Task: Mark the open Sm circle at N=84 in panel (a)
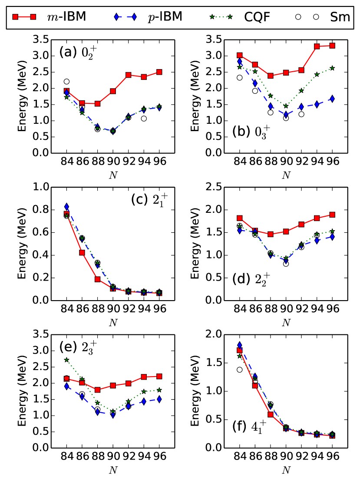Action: tap(66, 81)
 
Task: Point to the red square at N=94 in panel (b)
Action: tap(317, 46)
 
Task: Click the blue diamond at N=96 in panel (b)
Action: tap(333, 99)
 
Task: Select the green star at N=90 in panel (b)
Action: tap(286, 106)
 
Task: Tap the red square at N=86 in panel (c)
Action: tap(82, 252)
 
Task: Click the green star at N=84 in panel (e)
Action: tap(66, 360)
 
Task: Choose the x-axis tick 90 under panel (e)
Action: tap(113, 457)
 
